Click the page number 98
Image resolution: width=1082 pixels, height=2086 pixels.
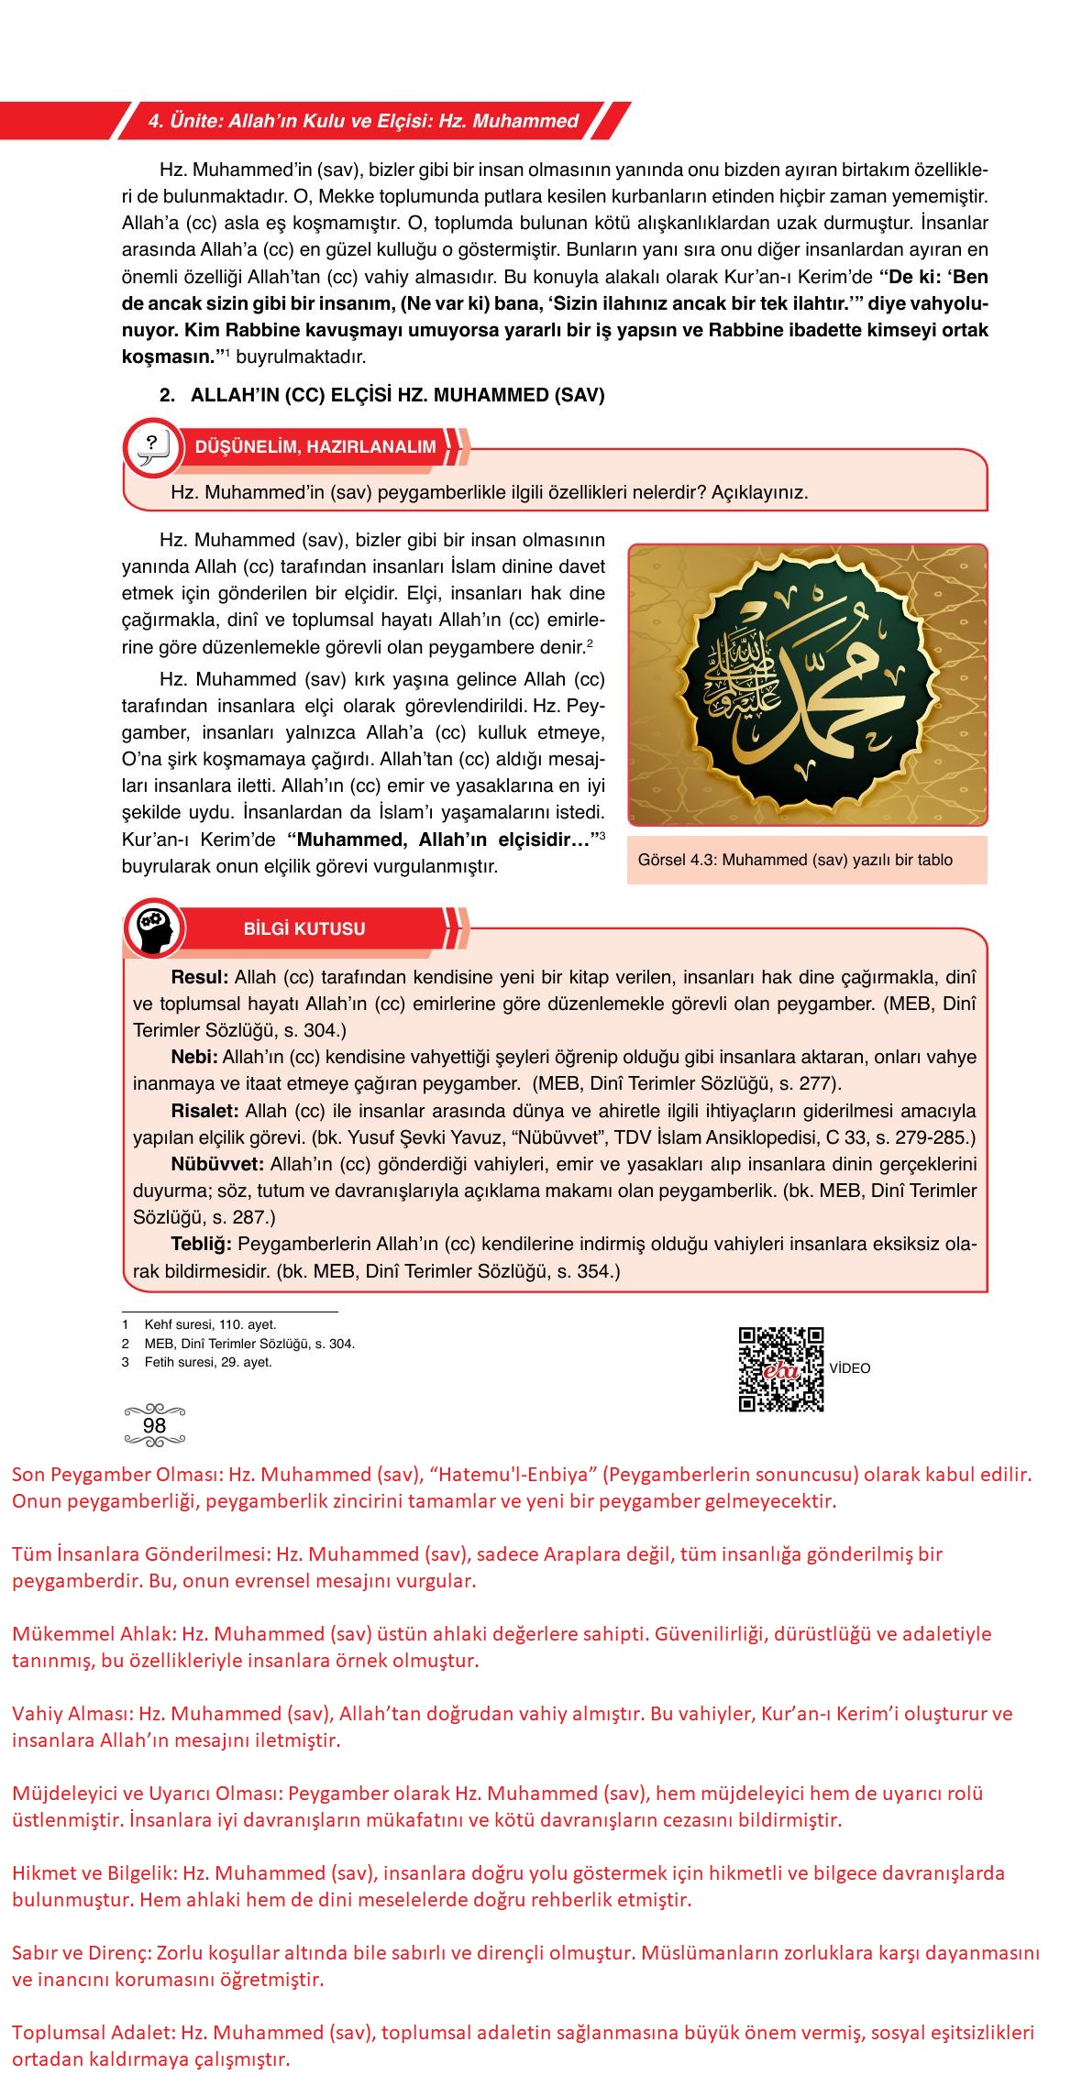point(154,1425)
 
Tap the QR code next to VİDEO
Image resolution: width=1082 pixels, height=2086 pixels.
point(780,1369)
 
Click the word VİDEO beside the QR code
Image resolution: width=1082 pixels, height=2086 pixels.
point(849,1368)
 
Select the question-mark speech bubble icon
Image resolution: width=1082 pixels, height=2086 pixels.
point(152,448)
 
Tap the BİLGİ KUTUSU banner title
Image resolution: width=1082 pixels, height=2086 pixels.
point(304,928)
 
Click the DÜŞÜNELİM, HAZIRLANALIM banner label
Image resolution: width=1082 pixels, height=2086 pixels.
point(315,447)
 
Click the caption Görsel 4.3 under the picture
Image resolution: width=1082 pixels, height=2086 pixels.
point(795,860)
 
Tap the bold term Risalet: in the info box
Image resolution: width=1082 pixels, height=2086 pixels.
point(204,1111)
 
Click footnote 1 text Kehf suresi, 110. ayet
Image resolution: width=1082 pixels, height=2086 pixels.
point(210,1324)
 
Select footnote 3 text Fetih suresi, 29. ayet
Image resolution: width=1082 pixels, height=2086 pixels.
point(208,1362)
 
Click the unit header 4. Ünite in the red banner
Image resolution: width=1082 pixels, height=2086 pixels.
point(363,121)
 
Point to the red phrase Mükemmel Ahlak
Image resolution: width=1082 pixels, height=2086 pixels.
point(94,1633)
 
